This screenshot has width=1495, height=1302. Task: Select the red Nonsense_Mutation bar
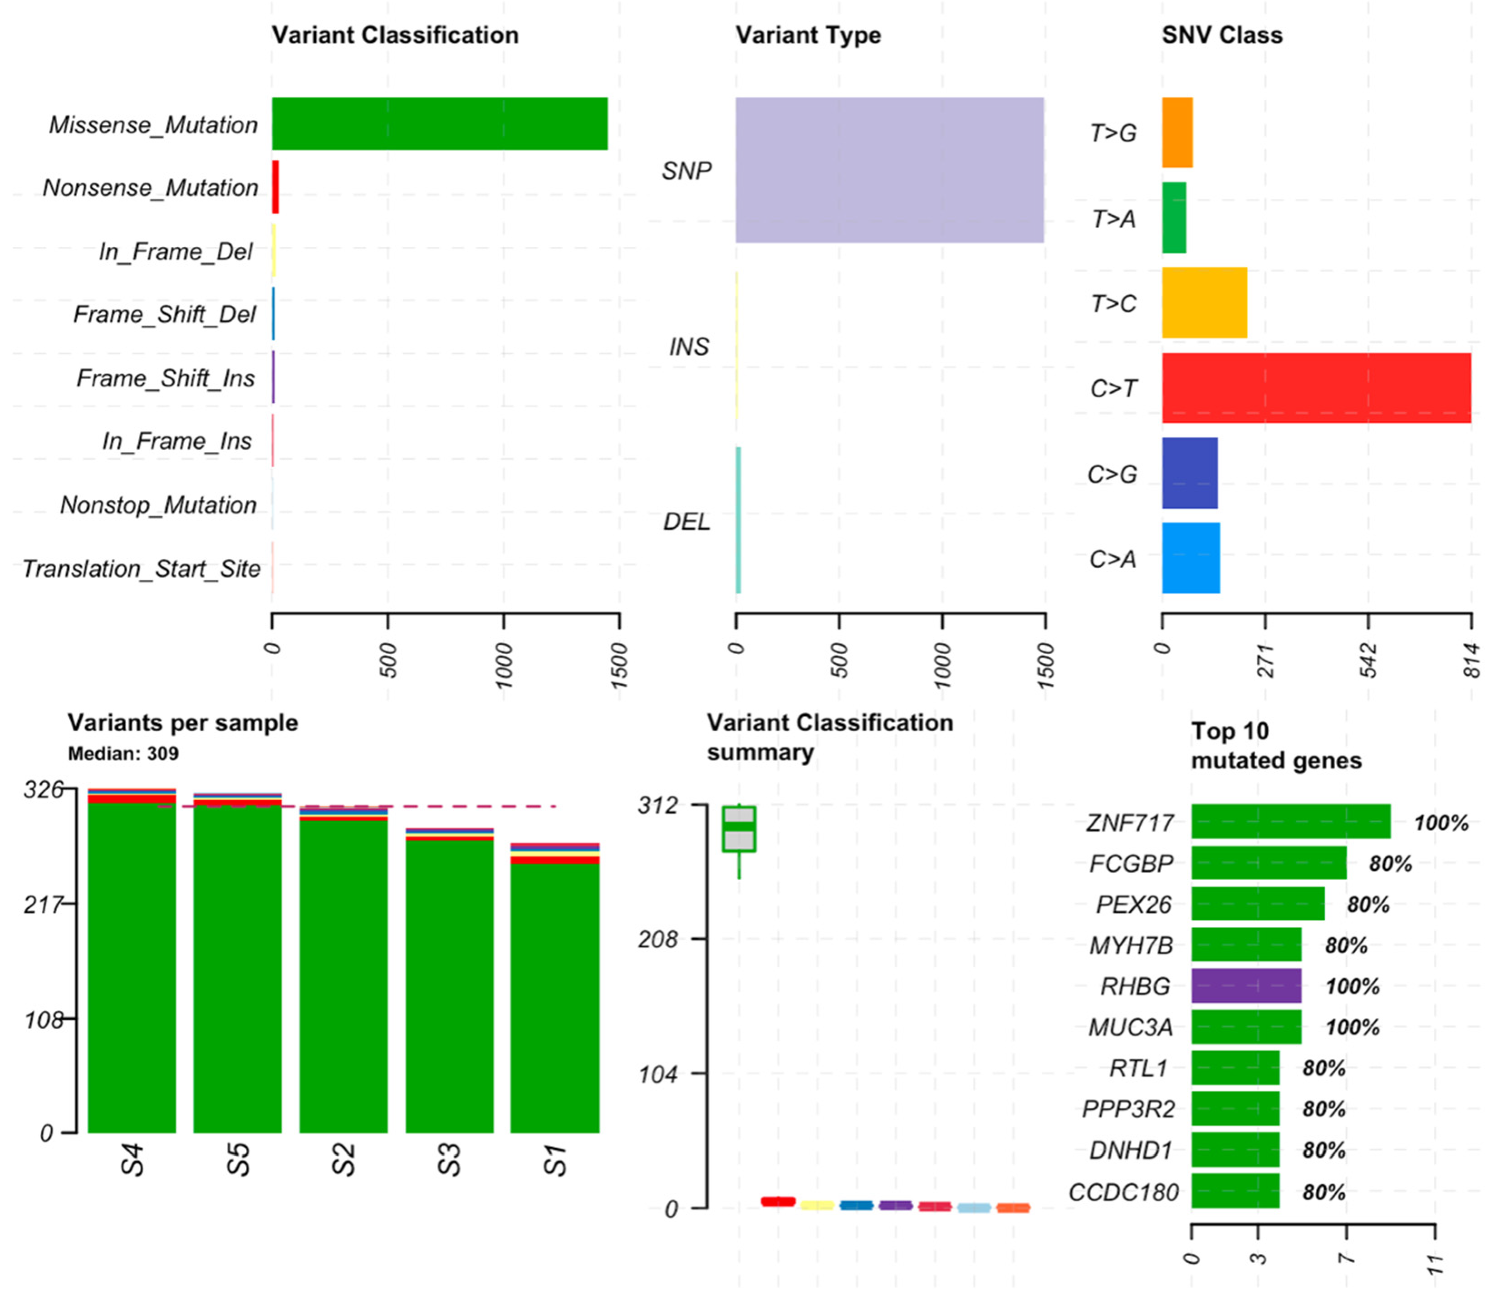click(x=275, y=187)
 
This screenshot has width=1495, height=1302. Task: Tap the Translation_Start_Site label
click(x=141, y=569)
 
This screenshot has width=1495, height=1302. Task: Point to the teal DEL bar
click(x=738, y=520)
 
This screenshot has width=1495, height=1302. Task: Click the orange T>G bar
click(x=1176, y=133)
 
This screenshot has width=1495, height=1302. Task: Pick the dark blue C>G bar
click(x=1189, y=473)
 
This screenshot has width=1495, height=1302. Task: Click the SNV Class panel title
click(x=1222, y=35)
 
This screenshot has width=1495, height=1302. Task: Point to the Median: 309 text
click(x=123, y=754)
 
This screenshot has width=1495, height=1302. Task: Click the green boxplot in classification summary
click(x=739, y=829)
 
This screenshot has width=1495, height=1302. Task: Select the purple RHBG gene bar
click(x=1246, y=986)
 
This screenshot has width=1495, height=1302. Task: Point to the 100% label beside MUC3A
click(x=1352, y=1028)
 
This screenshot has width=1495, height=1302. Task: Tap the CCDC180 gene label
click(x=1123, y=1192)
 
